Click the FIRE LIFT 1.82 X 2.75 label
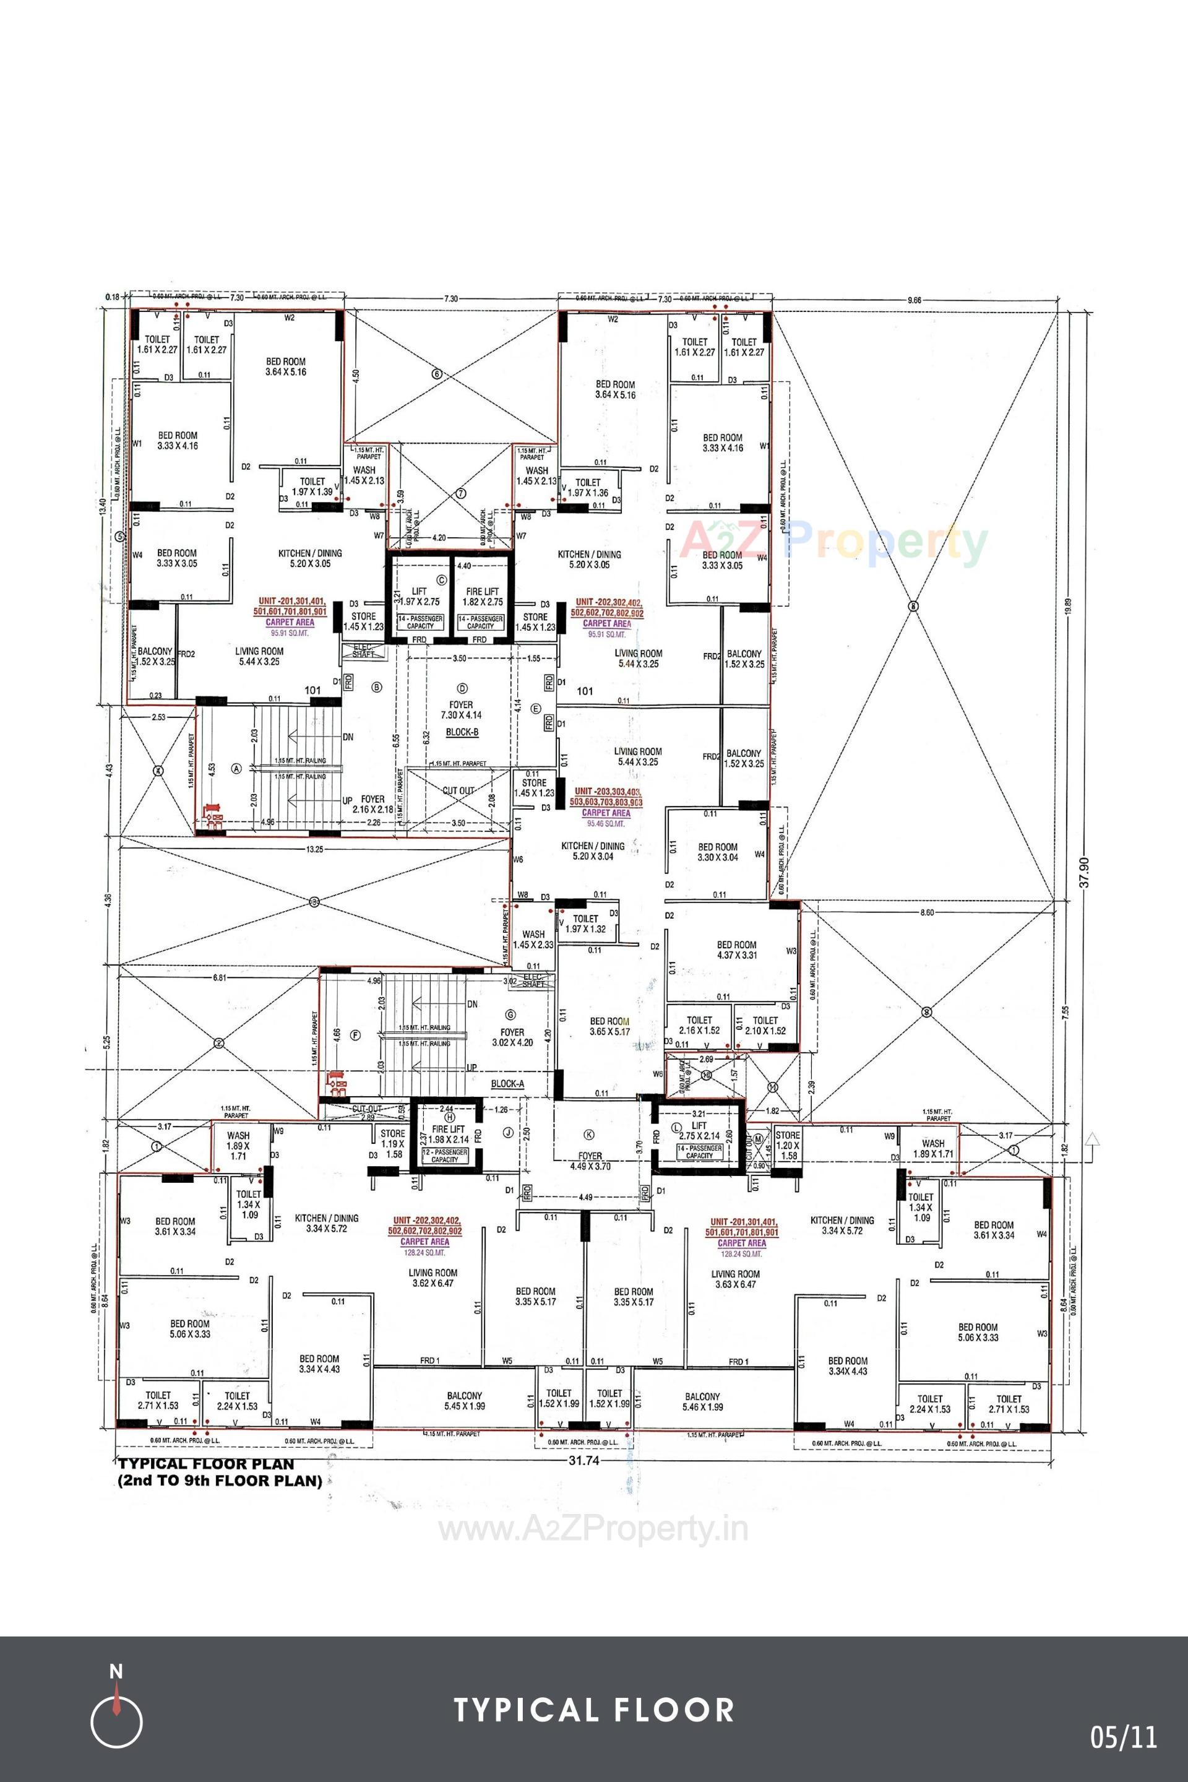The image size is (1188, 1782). coord(482,597)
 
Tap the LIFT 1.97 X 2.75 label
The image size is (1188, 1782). coord(419,597)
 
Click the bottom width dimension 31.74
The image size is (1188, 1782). coord(583,1460)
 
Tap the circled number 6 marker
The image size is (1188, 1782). coord(436,374)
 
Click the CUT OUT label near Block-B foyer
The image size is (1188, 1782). coord(458,790)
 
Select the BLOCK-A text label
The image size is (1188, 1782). coord(507,1084)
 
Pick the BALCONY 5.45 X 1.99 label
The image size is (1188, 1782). coord(465,1401)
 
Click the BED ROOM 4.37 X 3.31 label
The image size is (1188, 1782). coord(736,949)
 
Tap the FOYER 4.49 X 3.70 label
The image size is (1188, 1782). coord(590,1161)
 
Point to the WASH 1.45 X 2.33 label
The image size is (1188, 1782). coord(533,940)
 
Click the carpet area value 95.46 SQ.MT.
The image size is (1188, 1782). coord(606,823)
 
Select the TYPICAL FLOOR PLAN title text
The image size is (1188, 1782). coord(206,1464)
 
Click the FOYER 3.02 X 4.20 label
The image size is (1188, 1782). coord(512,1037)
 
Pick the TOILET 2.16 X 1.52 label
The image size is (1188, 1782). coord(699,1026)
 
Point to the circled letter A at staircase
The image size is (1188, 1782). coord(236,768)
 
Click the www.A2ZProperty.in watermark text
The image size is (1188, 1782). coord(593,1530)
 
